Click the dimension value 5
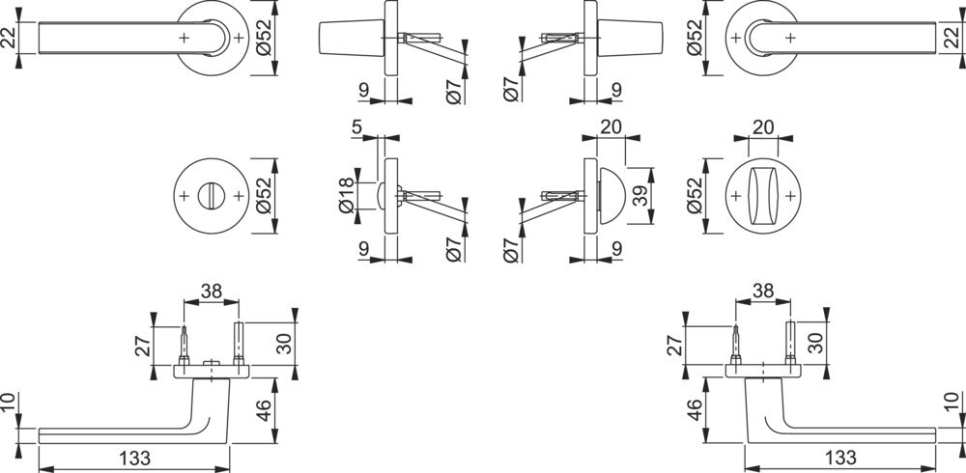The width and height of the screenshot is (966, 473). [x=357, y=127]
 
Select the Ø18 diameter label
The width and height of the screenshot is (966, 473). [x=348, y=196]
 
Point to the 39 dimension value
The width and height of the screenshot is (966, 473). [x=641, y=196]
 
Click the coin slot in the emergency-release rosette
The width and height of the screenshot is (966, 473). [x=212, y=197]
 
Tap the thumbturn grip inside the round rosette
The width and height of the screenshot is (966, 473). [x=763, y=196]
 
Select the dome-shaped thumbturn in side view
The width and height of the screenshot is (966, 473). [x=611, y=196]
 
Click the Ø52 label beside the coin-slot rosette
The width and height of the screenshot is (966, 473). [x=262, y=196]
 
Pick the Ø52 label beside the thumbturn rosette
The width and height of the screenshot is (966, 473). [x=694, y=196]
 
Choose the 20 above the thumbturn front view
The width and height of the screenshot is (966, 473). [x=763, y=127]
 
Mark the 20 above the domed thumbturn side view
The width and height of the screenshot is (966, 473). [x=611, y=127]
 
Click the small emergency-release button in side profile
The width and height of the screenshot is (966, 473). [x=380, y=196]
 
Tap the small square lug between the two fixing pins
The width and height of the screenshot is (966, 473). [x=212, y=362]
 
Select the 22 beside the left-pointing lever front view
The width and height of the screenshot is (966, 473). [x=10, y=39]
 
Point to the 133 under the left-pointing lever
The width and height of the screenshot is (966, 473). [x=134, y=459]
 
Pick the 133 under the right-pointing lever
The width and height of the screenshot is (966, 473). [x=840, y=459]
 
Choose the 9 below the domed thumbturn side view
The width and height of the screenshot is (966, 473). [x=616, y=249]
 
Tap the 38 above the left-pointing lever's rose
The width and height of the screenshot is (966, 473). [x=212, y=292]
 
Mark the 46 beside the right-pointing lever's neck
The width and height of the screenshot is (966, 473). [x=694, y=410]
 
